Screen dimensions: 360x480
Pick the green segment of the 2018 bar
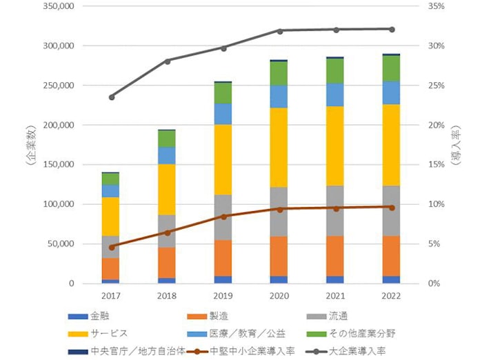(x=167, y=139)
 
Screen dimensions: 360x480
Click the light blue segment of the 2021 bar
(x=335, y=94)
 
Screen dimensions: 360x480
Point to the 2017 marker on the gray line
(x=112, y=97)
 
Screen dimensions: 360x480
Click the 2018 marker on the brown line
(x=167, y=232)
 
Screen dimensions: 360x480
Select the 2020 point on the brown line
(x=279, y=209)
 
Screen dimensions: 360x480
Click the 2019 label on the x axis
(x=223, y=294)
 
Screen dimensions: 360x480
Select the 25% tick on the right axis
(x=437, y=86)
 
